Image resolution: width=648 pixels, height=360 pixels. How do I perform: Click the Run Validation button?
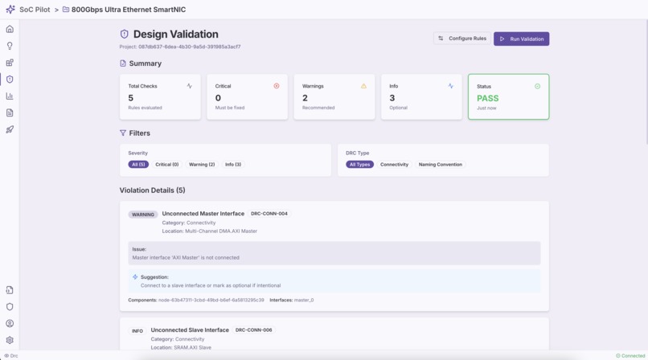click(x=521, y=39)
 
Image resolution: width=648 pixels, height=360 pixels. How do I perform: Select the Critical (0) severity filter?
click(x=167, y=165)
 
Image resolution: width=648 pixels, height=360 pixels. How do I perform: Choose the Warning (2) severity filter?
click(x=202, y=165)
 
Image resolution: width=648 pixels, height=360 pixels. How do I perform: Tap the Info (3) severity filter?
click(x=233, y=165)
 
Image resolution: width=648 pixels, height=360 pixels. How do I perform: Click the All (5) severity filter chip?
click(x=138, y=165)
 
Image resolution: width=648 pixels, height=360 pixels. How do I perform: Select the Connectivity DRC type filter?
click(x=394, y=165)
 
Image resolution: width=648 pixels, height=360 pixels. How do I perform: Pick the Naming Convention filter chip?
click(x=440, y=165)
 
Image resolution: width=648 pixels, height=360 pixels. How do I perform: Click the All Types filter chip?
click(x=360, y=165)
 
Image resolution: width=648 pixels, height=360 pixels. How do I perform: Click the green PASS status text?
click(x=488, y=98)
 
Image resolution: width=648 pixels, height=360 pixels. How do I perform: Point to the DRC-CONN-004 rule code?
click(x=269, y=214)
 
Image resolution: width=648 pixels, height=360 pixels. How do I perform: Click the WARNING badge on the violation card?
click(x=143, y=215)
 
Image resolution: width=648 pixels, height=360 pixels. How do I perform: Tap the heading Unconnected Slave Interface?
click(x=190, y=330)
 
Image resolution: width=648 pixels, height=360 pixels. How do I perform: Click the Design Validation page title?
click(x=175, y=35)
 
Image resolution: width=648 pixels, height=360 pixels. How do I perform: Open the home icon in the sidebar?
click(x=10, y=29)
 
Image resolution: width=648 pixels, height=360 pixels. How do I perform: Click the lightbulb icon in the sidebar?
click(x=10, y=46)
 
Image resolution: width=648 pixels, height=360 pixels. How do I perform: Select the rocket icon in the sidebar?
click(x=10, y=129)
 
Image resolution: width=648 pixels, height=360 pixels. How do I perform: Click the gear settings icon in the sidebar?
click(x=10, y=340)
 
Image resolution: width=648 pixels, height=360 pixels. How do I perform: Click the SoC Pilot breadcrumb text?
click(x=35, y=10)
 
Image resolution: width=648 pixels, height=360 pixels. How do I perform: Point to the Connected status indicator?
click(x=631, y=355)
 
